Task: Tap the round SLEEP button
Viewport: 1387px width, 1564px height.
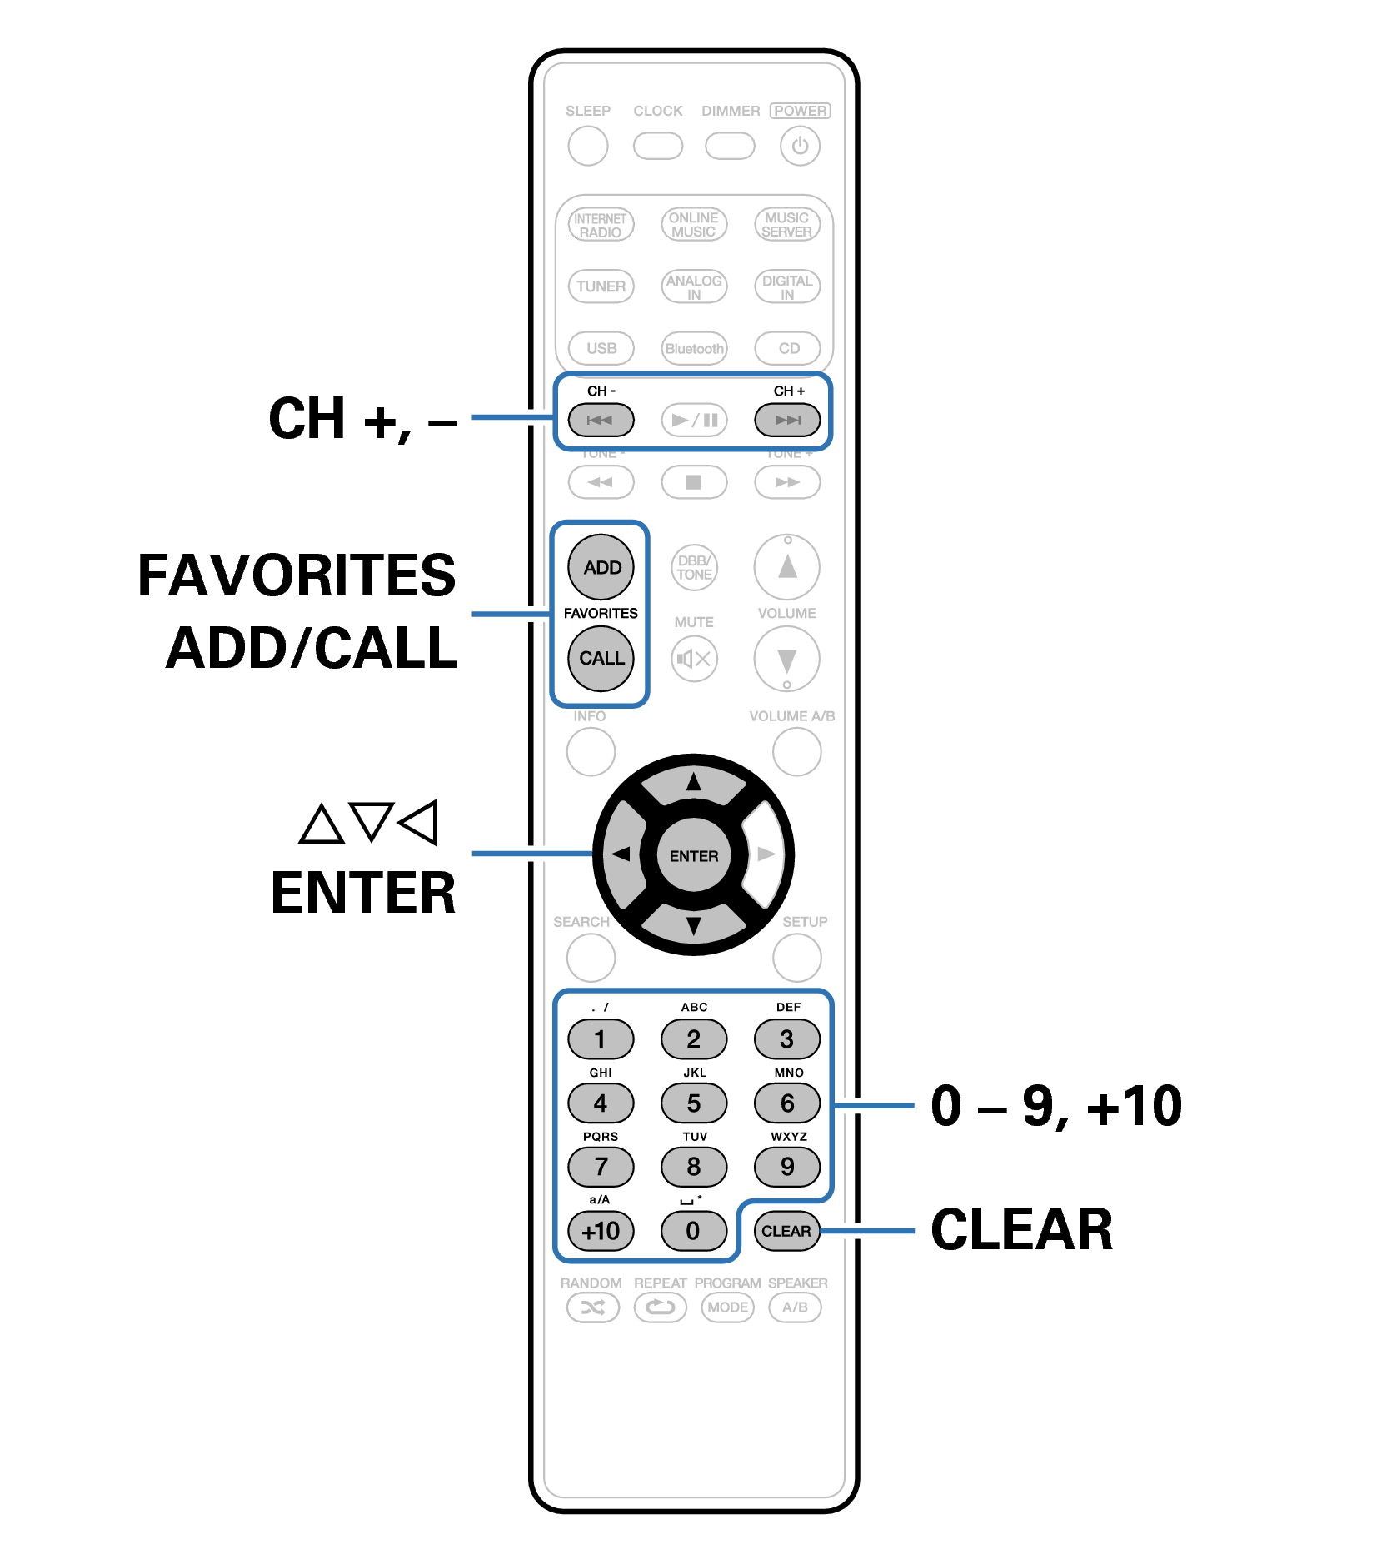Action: [x=587, y=146]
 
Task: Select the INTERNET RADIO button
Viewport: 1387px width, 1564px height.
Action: [x=601, y=224]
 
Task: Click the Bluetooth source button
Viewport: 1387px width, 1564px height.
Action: [x=694, y=348]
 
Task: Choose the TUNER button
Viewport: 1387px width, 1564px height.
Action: [x=601, y=286]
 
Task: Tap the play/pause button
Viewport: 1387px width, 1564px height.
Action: [x=694, y=420]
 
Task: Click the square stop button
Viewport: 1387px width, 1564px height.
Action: [x=694, y=482]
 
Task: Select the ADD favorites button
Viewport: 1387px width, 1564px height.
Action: [x=601, y=567]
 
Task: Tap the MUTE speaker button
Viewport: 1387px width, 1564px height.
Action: [x=694, y=659]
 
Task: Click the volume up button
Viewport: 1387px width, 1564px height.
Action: [x=786, y=567]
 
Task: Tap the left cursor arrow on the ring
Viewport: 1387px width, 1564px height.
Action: [x=621, y=854]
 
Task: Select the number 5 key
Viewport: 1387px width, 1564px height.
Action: [x=694, y=1103]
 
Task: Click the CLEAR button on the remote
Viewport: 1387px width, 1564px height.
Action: [x=786, y=1231]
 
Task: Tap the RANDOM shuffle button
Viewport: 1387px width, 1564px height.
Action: [x=592, y=1307]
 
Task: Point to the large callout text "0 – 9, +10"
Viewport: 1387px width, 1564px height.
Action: [x=1056, y=1106]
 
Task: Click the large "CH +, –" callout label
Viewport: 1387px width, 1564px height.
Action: [x=362, y=418]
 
